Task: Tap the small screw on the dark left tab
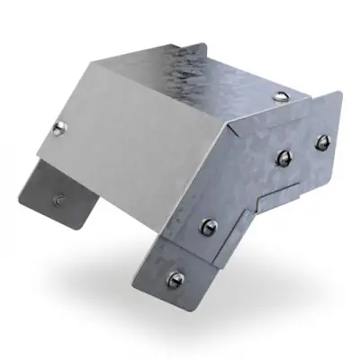[x=58, y=200]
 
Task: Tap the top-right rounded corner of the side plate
[x=340, y=95]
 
